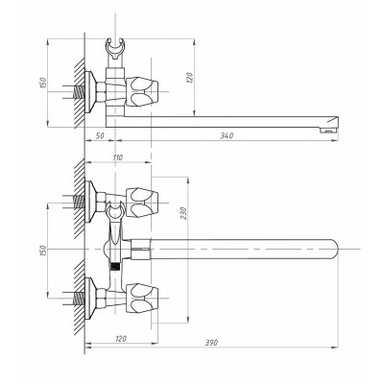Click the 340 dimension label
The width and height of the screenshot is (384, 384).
227,135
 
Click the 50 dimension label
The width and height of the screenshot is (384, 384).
100,135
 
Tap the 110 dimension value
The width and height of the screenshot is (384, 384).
118,157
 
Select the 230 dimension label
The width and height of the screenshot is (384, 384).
183,214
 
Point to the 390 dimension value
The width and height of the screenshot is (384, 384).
211,343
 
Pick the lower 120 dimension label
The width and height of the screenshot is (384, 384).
120,339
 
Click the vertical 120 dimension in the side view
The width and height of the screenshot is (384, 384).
189,77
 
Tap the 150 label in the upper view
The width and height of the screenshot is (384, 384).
44,83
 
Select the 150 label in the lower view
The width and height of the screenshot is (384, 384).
44,251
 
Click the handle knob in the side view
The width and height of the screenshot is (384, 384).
142,91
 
